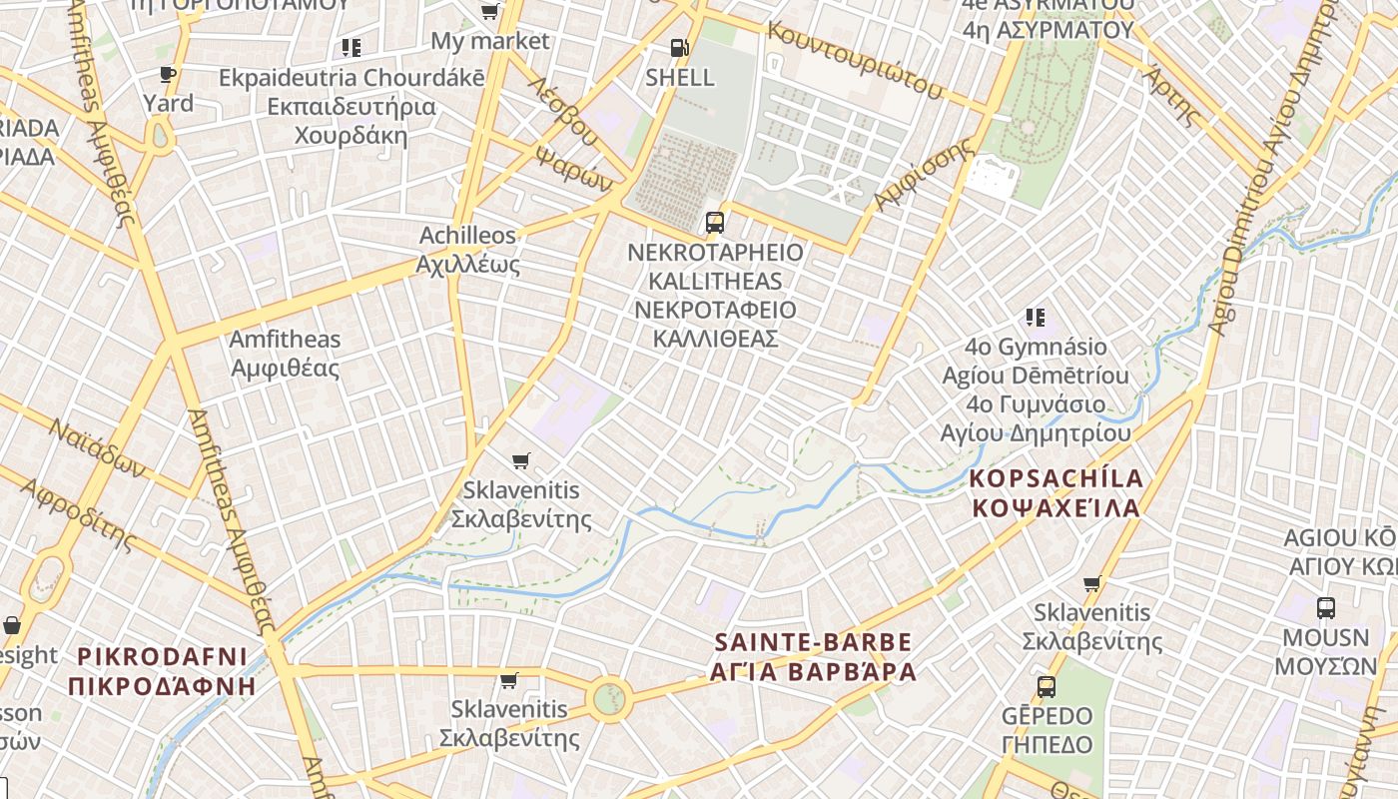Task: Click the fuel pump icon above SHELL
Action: click(679, 48)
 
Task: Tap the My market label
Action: click(490, 41)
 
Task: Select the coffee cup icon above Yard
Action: click(168, 74)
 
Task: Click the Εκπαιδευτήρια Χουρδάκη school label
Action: click(351, 120)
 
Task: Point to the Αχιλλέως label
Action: click(468, 265)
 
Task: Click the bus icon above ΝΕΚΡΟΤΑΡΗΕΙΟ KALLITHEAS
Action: click(715, 222)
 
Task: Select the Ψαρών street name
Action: click(574, 170)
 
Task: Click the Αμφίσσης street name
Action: click(923, 174)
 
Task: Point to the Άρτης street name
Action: click(1171, 94)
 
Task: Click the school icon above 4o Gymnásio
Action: click(1035, 318)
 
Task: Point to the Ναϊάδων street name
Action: click(97, 448)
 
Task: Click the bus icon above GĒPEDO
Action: click(1047, 686)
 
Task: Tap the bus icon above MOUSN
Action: click(1326, 607)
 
